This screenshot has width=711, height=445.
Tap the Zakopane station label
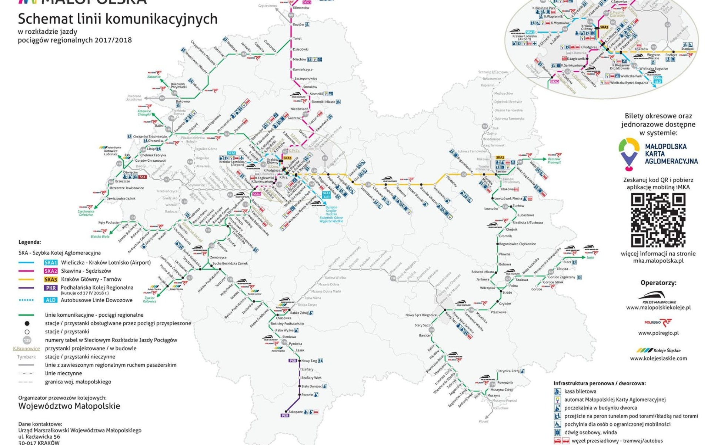[295, 412]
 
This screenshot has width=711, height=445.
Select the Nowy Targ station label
[309, 361]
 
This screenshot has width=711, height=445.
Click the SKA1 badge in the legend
[51, 263]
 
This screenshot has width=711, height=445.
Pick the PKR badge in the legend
[51, 288]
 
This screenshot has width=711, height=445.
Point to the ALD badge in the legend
[51, 300]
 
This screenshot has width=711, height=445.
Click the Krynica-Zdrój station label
[509, 371]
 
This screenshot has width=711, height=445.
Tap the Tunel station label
[297, 39]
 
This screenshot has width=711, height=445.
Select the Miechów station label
[300, 59]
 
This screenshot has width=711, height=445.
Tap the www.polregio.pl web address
[658, 333]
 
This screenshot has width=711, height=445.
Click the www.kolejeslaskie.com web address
[658, 358]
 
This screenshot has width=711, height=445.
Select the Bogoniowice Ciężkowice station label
[517, 244]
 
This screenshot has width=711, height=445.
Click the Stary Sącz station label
[422, 325]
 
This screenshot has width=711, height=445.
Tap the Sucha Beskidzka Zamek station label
[230, 263]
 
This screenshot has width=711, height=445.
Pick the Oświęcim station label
[131, 172]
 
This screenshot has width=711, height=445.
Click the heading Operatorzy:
[658, 283]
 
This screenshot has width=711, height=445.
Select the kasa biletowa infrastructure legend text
[580, 391]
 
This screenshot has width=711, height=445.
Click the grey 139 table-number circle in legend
[27, 340]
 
